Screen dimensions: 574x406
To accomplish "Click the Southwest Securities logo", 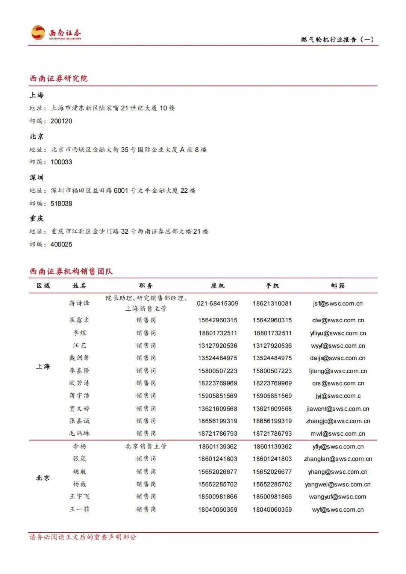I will pos(56,33).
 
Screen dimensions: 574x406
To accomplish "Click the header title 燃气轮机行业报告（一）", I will pos(337,39).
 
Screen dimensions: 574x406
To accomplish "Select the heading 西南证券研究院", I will pos(59,79).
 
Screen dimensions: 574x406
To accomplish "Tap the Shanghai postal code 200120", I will pos(61,121).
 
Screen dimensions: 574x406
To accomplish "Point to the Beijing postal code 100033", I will pos(61,162).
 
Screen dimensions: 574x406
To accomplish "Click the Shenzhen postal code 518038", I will pos(61,203).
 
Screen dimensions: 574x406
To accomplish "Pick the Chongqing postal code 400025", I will pos(61,244).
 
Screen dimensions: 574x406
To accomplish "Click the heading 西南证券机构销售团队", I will pos(71,271).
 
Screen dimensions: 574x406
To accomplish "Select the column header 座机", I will pos(218,286).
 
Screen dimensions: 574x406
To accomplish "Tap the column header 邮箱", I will pos(338,286).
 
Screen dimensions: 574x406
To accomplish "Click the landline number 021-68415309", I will pos(218,304).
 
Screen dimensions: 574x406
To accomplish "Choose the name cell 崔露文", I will pos(79,320).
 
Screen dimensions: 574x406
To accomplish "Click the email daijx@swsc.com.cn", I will pos(338,358).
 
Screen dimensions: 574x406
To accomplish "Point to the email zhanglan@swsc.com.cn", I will pos(338,459).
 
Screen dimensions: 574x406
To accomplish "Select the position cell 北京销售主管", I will pos(146,446).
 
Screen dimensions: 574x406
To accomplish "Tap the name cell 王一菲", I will pos(79,509).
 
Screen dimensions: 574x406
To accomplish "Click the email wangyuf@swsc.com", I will pos(338,497).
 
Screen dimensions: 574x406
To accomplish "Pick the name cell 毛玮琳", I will pos(79,434).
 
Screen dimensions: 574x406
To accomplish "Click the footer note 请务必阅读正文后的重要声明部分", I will pos(83,537).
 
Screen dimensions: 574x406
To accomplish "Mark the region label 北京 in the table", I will pos(43,478).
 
